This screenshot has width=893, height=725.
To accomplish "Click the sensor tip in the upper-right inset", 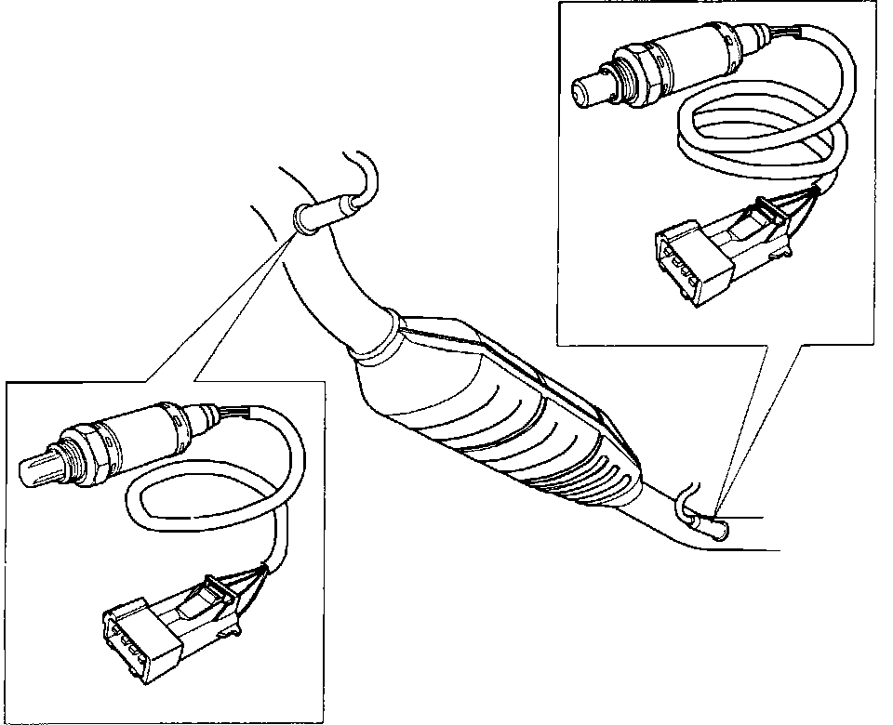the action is pos(584,89).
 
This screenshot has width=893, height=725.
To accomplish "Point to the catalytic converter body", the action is pos(502,409).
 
